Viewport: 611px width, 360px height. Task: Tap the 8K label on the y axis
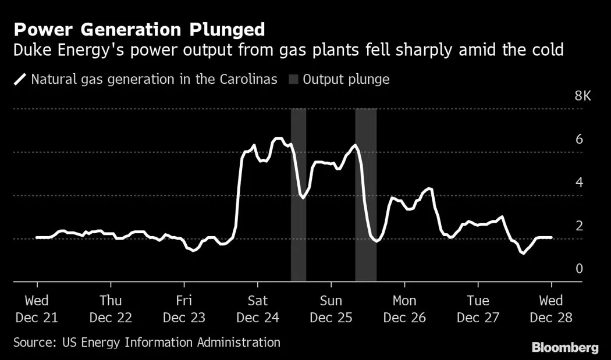(x=582, y=97)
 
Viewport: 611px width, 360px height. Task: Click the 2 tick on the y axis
(x=579, y=225)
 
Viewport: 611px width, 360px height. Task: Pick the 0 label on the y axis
(x=579, y=268)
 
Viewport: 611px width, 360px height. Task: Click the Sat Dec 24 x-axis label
(x=257, y=309)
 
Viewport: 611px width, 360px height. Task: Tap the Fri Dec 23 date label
(x=184, y=309)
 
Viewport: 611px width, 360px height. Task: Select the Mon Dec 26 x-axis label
(x=404, y=309)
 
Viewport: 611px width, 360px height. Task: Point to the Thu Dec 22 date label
(x=111, y=309)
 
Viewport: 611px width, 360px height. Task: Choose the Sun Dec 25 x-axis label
(x=331, y=309)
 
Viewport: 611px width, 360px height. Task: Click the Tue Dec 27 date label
(x=478, y=309)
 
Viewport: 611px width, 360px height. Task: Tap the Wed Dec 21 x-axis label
(x=37, y=309)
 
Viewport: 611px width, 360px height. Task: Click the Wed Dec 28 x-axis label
(x=551, y=309)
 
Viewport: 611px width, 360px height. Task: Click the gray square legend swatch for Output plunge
(x=293, y=79)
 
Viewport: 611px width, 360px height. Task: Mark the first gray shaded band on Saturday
(x=299, y=195)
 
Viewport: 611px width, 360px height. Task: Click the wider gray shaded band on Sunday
(x=365, y=195)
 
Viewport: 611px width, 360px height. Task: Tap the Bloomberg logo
(x=564, y=347)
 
